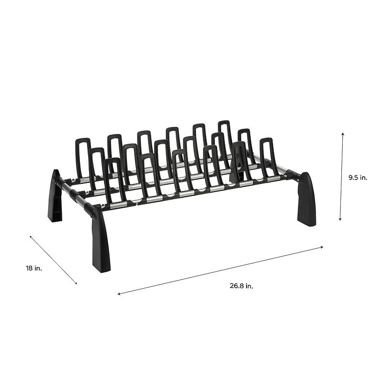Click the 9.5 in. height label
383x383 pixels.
coord(358,177)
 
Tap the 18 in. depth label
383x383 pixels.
coord(34,269)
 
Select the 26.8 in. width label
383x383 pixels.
coord(241,286)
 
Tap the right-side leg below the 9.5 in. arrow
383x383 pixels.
coord(306,199)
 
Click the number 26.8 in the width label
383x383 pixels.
coord(237,286)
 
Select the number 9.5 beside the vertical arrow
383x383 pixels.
coord(353,177)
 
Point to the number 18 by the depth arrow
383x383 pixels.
coord(30,269)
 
